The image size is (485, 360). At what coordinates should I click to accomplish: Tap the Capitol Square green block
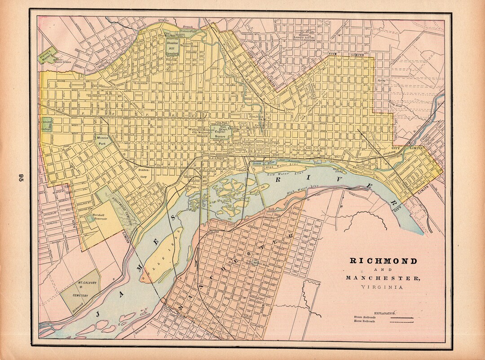(221, 133)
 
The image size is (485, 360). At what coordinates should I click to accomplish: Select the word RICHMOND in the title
(383, 261)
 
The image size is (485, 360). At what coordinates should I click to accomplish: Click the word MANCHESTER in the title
(383, 278)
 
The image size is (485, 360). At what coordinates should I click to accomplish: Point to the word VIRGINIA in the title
(383, 288)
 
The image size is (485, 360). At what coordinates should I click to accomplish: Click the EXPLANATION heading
(384, 312)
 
